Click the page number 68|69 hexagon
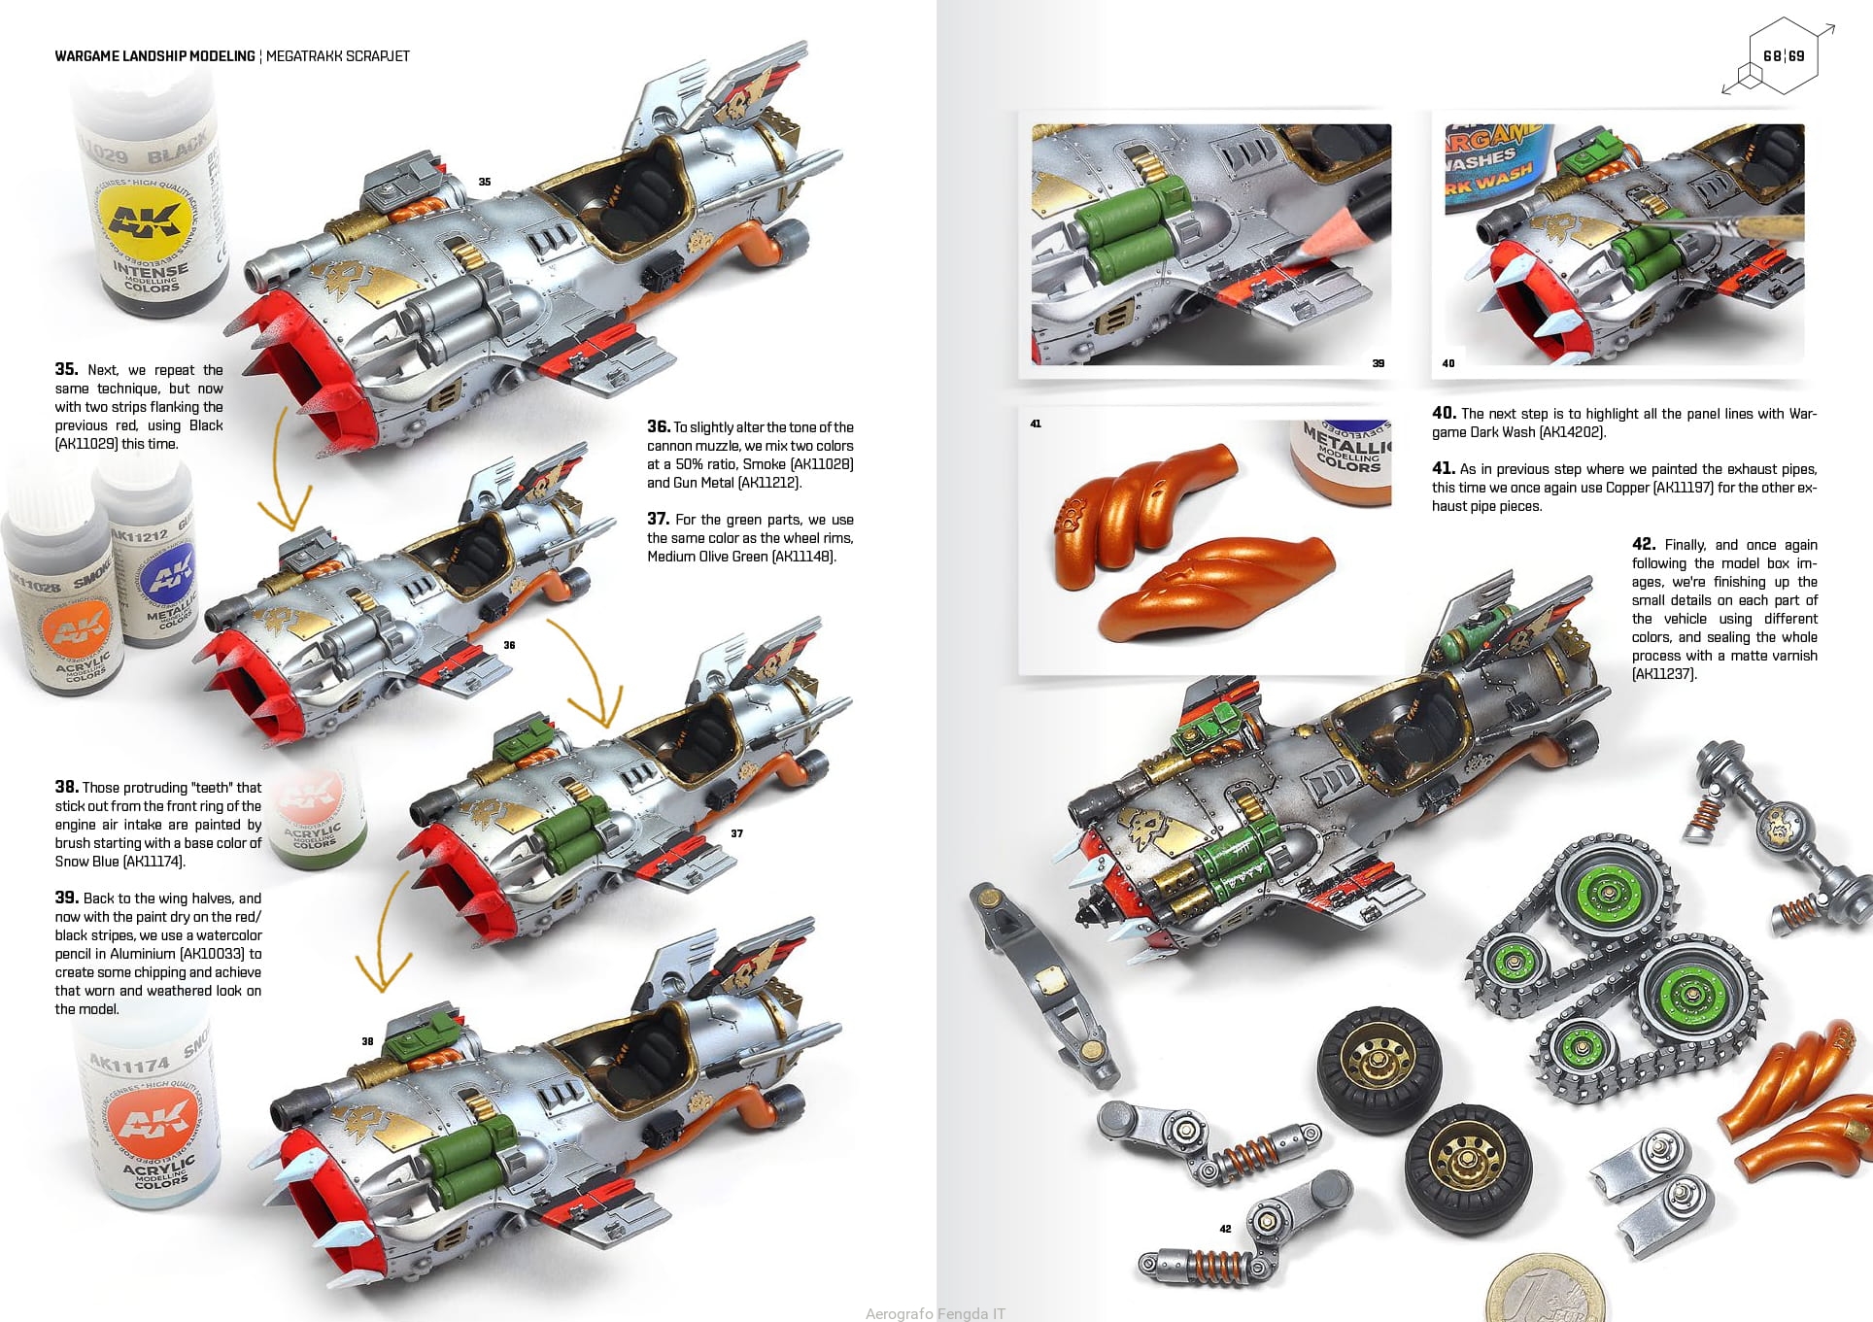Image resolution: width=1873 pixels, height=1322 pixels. click(x=1783, y=55)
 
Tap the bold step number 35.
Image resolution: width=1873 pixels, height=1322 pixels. click(x=66, y=369)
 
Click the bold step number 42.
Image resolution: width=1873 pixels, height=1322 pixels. click(x=1644, y=544)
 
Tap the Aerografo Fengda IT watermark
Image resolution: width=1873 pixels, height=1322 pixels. click(x=935, y=1313)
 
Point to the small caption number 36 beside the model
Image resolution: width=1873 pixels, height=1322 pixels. click(x=509, y=645)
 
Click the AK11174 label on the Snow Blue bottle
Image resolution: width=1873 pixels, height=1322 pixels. click(x=128, y=1065)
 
